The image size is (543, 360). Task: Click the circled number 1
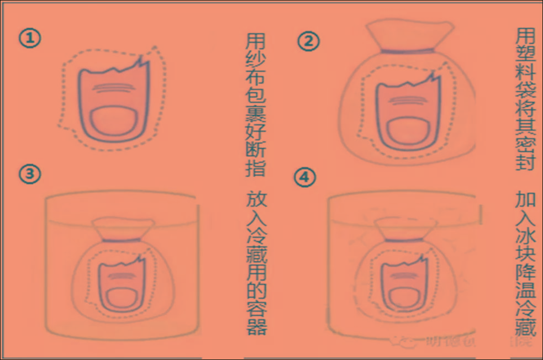coord(30,39)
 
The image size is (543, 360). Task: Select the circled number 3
coord(30,174)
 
